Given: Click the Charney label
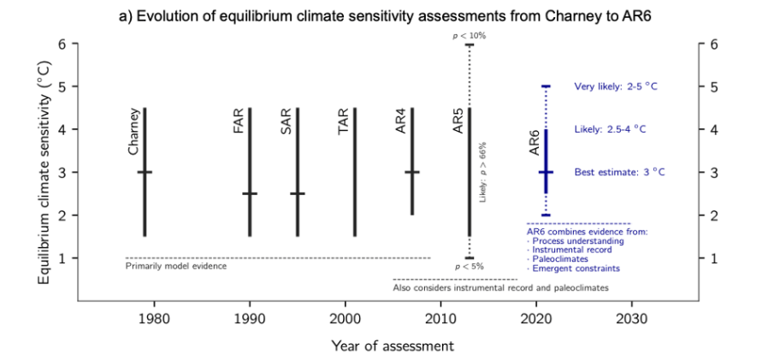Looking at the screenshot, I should [x=133, y=132].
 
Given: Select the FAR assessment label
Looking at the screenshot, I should [x=238, y=121].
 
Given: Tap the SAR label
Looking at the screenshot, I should [x=287, y=121].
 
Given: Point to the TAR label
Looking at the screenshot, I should [x=343, y=121].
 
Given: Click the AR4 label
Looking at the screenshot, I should [x=401, y=121].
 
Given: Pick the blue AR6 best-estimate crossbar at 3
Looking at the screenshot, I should [x=546, y=172].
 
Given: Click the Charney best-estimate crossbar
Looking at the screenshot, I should [x=145, y=172].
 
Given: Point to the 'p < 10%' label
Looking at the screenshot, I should [x=469, y=35].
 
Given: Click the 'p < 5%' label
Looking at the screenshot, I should [x=469, y=267].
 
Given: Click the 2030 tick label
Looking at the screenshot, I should [x=632, y=318].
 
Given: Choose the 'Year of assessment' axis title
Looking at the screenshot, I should [x=393, y=345].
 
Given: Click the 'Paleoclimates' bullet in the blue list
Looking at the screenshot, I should [x=557, y=259].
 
